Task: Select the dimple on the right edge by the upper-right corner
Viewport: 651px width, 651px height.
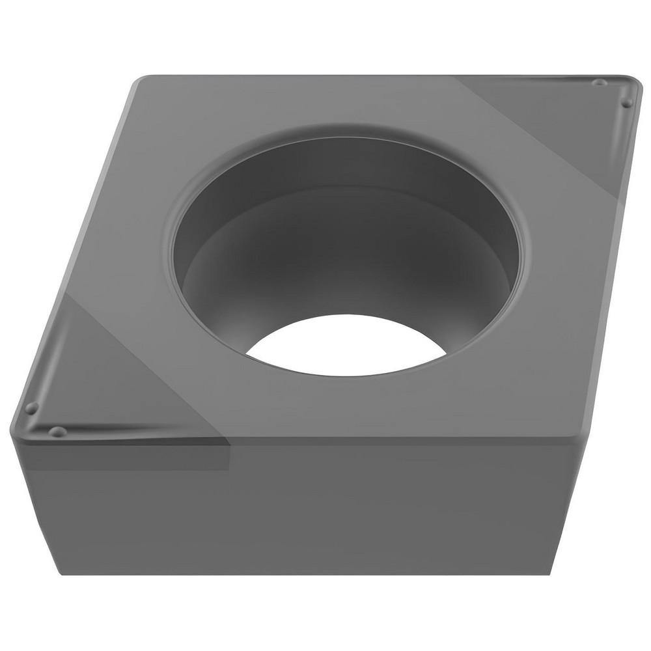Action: (x=626, y=103)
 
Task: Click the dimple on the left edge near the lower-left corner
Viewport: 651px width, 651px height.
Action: (x=30, y=408)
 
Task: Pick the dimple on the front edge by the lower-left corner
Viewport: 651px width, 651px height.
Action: (x=58, y=432)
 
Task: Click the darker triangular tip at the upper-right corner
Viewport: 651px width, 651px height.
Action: (x=573, y=124)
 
